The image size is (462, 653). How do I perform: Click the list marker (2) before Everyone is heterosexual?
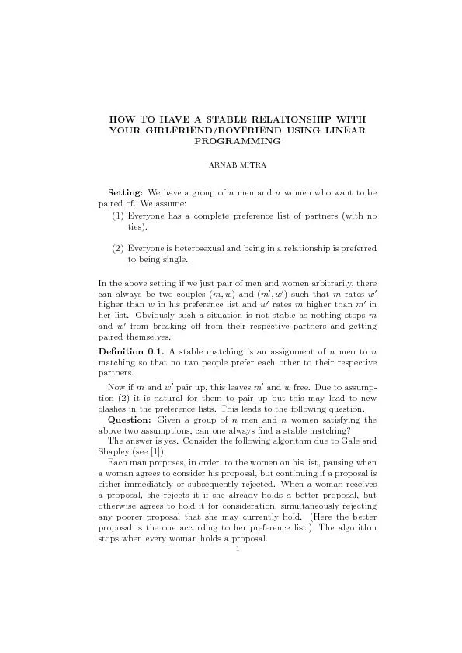[x=119, y=250]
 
